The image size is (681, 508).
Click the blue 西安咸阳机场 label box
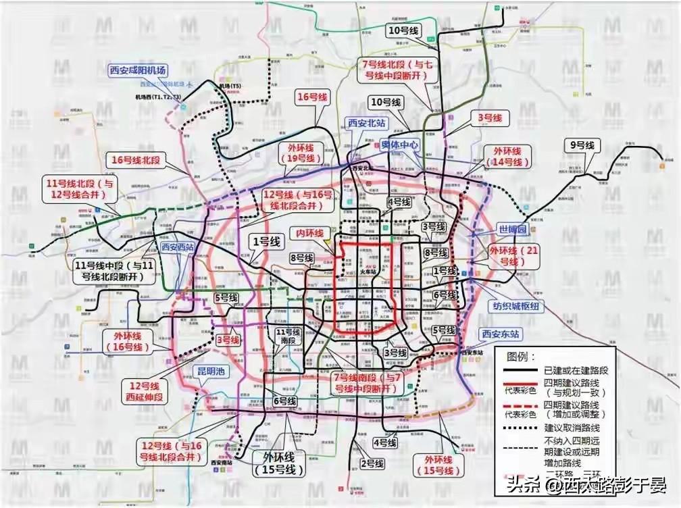point(137,70)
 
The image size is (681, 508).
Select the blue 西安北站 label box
point(366,123)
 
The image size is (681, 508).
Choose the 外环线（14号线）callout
point(507,156)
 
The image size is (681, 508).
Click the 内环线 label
point(307,233)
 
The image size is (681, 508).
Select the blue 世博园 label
point(511,229)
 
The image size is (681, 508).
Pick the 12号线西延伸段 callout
point(144,391)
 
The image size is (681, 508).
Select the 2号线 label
point(372,463)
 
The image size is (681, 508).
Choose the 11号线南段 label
point(288,336)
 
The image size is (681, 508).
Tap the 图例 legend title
point(521,356)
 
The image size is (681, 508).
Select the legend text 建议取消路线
point(571,428)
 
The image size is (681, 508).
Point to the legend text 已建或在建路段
point(576,371)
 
